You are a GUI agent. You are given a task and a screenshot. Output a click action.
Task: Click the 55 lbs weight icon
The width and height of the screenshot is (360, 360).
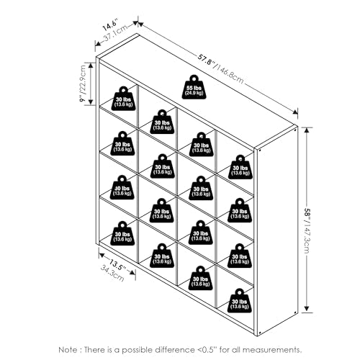[x=194, y=87]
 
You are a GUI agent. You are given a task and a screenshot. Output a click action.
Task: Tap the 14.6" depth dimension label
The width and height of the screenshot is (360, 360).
[x=109, y=25]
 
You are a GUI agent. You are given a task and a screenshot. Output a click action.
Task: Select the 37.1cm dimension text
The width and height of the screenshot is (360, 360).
[x=115, y=33]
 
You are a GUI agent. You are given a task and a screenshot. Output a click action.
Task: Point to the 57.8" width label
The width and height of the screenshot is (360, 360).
[x=206, y=60]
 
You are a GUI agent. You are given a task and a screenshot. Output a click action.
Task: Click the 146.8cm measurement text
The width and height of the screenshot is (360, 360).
[x=230, y=73]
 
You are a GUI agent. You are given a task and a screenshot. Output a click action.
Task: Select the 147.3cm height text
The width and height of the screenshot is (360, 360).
[x=307, y=238]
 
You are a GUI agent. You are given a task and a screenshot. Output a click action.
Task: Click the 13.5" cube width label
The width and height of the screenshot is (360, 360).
[x=117, y=264]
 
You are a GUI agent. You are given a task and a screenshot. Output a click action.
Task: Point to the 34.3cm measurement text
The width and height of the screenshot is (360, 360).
[x=112, y=274]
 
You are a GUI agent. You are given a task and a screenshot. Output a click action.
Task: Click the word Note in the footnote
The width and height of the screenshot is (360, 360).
[x=68, y=349]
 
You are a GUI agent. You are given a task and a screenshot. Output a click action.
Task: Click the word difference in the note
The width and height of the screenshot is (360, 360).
[x=175, y=349]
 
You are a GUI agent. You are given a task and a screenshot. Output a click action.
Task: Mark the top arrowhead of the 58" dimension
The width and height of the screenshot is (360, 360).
[x=307, y=130]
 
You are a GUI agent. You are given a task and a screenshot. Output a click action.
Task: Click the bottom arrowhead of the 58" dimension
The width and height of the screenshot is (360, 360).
[x=307, y=309]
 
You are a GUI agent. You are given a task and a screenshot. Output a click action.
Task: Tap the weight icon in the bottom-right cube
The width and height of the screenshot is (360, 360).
[x=240, y=300]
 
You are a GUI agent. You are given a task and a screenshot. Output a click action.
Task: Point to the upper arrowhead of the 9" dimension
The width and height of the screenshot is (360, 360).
[x=91, y=66]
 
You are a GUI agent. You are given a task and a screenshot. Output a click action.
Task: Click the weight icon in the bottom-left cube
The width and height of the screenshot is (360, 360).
[x=122, y=233]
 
